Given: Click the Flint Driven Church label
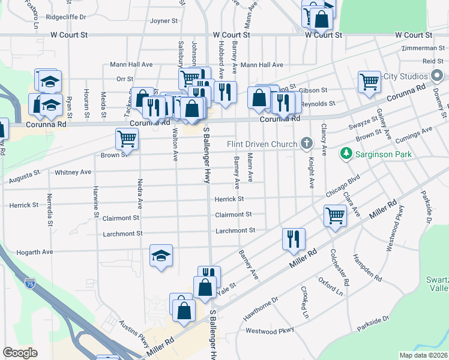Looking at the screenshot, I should (x=262, y=144).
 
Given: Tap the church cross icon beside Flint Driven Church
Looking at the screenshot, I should (x=307, y=143).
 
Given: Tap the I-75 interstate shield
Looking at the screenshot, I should (x=30, y=281).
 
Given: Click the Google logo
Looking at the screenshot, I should (x=20, y=352).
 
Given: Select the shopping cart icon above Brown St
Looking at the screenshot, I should (x=127, y=139).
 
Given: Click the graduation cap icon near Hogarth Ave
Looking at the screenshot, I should (x=161, y=256).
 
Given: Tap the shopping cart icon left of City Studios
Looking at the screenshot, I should (x=369, y=82).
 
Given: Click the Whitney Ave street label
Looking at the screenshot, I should (x=73, y=172).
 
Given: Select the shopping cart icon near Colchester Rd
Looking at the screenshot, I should (x=334, y=215).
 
